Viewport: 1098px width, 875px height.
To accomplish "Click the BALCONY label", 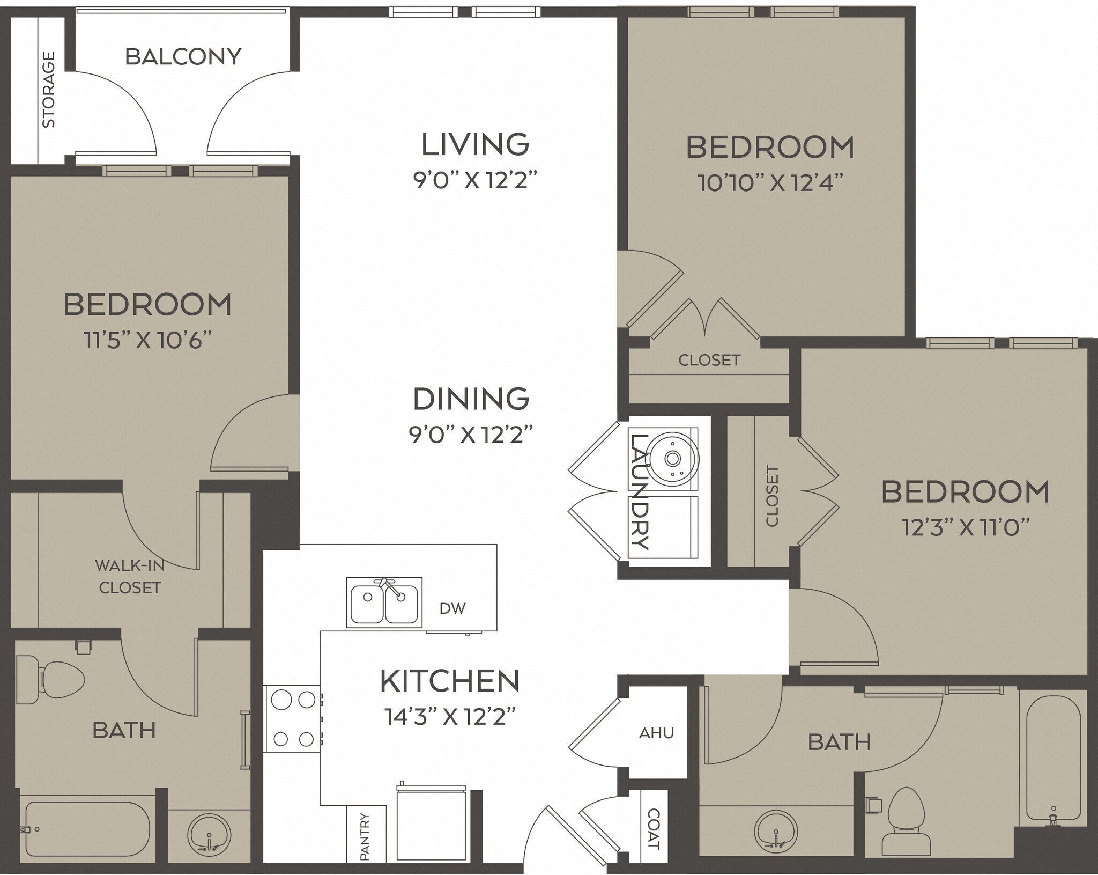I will pyautogui.click(x=183, y=57).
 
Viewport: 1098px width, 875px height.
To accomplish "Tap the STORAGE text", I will pyautogui.click(x=49, y=90).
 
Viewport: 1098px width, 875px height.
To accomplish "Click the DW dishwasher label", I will pyautogui.click(x=452, y=608).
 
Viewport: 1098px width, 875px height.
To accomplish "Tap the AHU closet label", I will pyautogui.click(x=656, y=733).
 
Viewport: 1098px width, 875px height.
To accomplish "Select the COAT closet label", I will pyautogui.click(x=654, y=829).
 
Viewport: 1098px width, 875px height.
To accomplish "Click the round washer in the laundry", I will pyautogui.click(x=673, y=459).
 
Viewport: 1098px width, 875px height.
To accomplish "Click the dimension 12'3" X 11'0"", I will pyautogui.click(x=965, y=528).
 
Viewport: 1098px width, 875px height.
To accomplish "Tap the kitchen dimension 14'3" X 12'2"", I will pyautogui.click(x=450, y=716).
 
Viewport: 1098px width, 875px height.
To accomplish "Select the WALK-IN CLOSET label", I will pyautogui.click(x=130, y=576).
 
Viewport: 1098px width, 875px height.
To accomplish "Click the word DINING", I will pyautogui.click(x=471, y=399).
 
